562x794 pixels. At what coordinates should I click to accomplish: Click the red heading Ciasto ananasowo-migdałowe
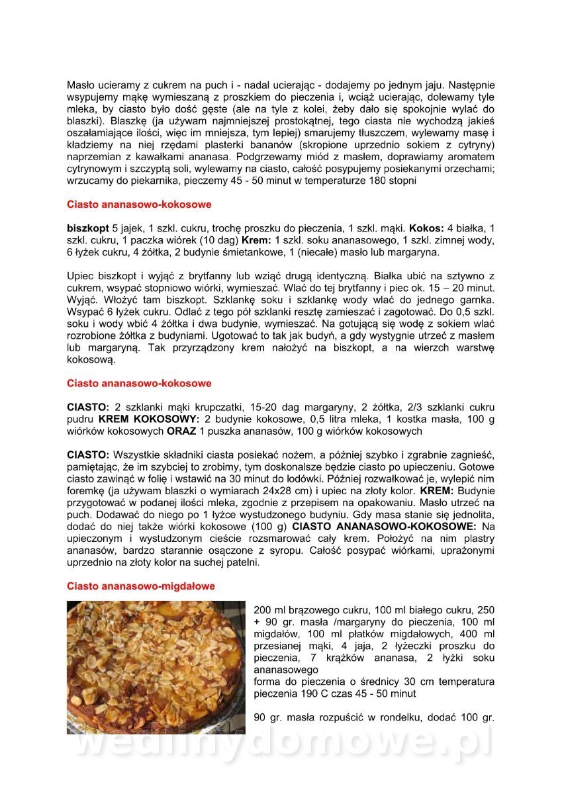[x=141, y=586]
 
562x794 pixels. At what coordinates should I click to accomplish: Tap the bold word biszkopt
[x=88, y=228]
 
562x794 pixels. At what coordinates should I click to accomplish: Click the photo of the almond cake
[x=156, y=667]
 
